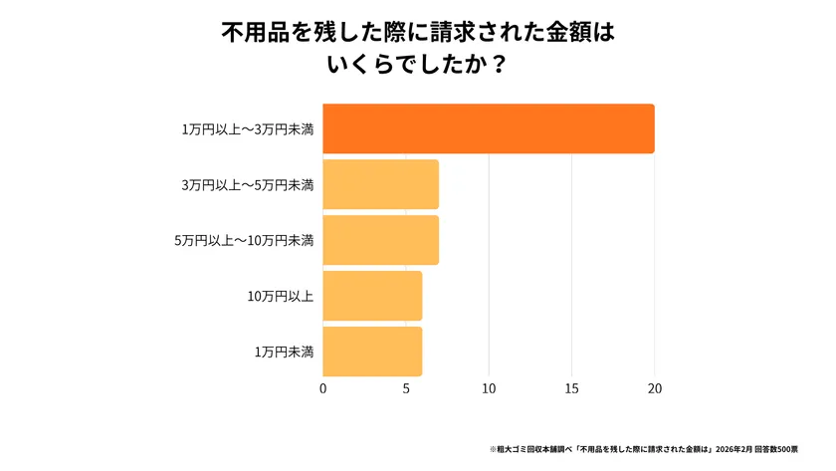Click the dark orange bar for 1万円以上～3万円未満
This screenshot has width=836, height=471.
(x=488, y=128)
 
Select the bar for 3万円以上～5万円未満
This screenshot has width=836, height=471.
(x=380, y=184)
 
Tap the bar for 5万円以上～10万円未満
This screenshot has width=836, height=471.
(x=380, y=240)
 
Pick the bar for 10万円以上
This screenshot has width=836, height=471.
(x=372, y=296)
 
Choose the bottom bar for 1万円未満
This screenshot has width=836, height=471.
(x=372, y=352)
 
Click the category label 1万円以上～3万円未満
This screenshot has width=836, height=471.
(x=248, y=129)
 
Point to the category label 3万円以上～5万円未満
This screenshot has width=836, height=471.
(x=248, y=185)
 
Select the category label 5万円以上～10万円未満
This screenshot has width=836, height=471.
(x=244, y=240)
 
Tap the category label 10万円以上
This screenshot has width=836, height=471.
(x=281, y=296)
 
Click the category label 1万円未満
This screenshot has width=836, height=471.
(x=285, y=352)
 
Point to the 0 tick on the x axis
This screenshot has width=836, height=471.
(x=323, y=387)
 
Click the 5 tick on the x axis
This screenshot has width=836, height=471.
(x=406, y=387)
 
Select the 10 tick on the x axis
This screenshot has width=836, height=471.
(x=489, y=387)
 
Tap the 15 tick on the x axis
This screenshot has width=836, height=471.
(x=571, y=387)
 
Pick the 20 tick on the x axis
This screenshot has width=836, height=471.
(x=654, y=387)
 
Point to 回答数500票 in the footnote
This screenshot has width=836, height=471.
(x=789, y=449)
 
